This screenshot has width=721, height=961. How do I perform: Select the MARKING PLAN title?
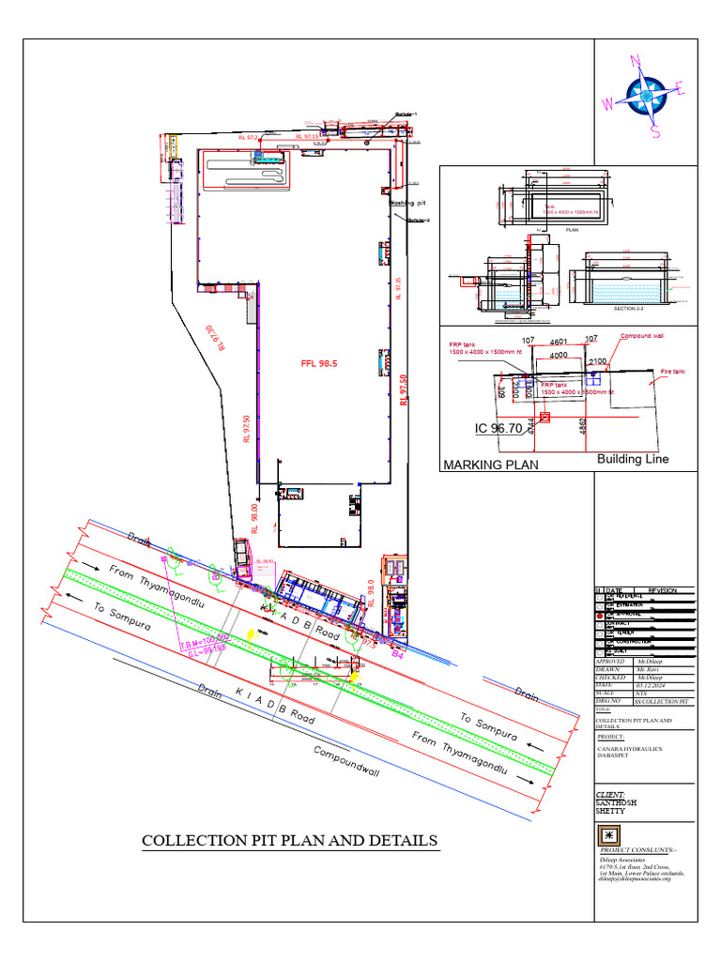pos(490,465)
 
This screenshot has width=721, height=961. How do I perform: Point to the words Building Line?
pos(633,459)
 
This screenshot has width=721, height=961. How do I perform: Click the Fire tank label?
pos(673,372)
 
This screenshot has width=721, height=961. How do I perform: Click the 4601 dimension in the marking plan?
pos(560,342)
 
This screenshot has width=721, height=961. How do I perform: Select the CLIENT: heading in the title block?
pos(612,794)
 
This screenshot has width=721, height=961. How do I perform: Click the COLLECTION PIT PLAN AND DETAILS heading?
pos(289,840)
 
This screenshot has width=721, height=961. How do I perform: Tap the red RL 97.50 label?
pos(405,385)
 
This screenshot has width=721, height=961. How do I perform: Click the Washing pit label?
pos(408,202)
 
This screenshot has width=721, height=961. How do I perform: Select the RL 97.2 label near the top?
pos(249,138)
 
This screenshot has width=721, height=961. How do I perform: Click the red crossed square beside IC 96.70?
pos(545,419)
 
